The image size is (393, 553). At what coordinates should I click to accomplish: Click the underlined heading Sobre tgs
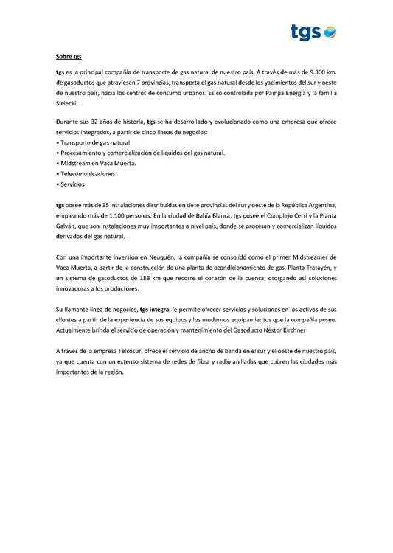(69, 56)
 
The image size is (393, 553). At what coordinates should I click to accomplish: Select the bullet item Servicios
(72, 183)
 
